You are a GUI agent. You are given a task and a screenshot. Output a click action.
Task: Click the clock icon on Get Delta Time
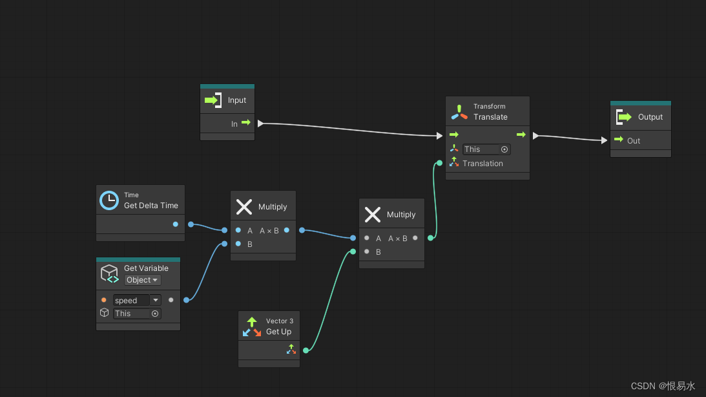tap(109, 200)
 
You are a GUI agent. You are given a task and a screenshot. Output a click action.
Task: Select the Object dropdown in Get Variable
tap(142, 280)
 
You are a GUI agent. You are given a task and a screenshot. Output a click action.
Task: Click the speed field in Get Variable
tap(130, 301)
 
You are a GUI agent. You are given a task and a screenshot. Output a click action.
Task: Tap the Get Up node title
tap(278, 332)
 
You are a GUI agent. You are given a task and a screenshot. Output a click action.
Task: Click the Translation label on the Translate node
tap(483, 164)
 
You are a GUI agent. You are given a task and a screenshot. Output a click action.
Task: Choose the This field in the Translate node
tap(486, 149)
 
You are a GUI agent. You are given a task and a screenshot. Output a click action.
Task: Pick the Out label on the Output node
tap(634, 140)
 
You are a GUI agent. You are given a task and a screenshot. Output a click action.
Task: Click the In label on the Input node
tap(234, 123)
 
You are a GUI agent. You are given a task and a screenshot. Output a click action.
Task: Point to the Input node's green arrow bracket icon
tap(213, 100)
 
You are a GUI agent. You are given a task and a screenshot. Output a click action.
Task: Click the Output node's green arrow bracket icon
tap(623, 117)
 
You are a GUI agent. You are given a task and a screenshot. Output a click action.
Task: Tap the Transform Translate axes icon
tap(459, 113)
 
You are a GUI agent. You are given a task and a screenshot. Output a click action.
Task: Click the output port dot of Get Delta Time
tap(176, 224)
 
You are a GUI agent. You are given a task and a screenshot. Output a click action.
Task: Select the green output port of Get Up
tap(306, 350)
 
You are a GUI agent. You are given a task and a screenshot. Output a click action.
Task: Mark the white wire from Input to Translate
tap(349, 129)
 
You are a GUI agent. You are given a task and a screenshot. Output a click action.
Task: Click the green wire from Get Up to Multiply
tap(329, 297)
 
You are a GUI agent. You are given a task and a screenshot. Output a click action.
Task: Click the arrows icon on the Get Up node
tap(251, 327)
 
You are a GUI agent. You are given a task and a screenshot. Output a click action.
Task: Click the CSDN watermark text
tap(663, 386)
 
